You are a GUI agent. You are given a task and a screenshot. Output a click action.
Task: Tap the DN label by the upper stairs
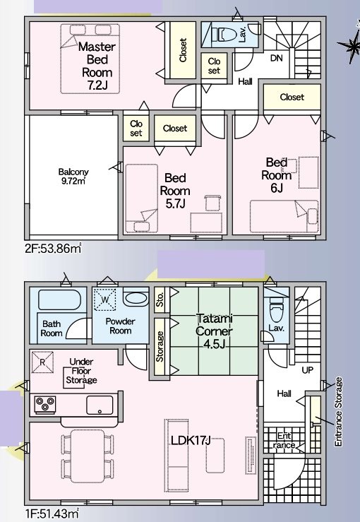coord(277,59)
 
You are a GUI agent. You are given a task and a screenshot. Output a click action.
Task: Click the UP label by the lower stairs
coord(308,369)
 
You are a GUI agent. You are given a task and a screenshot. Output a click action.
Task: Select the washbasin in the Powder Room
coord(136,298)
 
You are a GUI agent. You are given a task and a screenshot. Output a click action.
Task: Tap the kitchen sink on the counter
coord(99,405)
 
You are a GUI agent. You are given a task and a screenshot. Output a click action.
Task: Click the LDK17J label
coord(191,440)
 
